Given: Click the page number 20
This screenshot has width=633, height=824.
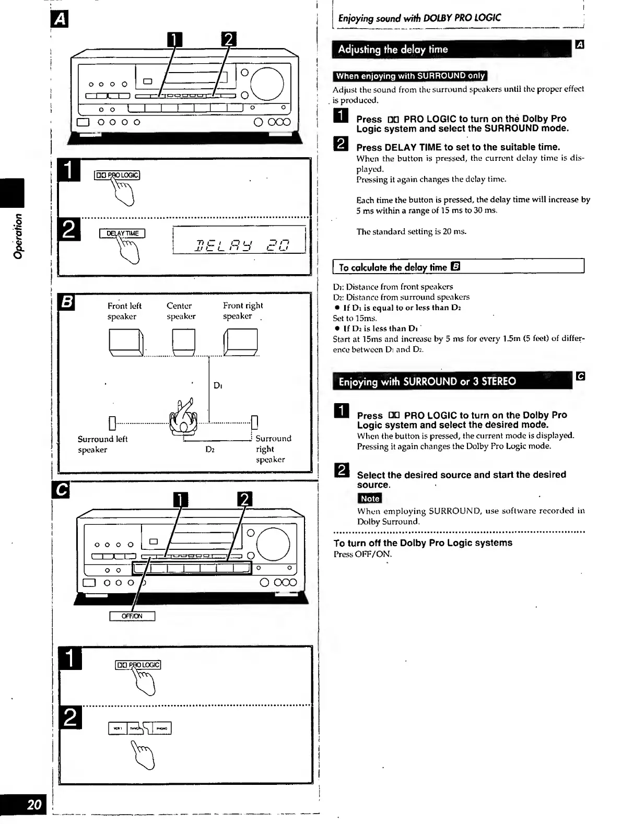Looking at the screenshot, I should click(x=34, y=804).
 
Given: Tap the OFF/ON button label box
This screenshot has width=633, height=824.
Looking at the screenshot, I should click(x=132, y=616).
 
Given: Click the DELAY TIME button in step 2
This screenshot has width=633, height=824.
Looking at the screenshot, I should click(x=122, y=233).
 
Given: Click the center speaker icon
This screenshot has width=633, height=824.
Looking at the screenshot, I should click(x=183, y=342).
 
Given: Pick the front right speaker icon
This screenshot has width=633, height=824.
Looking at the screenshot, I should click(x=240, y=342).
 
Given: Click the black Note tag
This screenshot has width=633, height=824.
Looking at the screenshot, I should click(x=370, y=499).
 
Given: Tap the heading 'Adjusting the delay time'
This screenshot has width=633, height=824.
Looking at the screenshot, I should click(x=393, y=50).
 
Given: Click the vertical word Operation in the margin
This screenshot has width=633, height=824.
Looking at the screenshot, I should click(x=18, y=236).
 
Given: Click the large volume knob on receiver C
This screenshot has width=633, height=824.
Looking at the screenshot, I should click(x=273, y=544).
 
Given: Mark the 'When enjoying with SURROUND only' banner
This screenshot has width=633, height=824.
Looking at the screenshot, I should click(x=410, y=76).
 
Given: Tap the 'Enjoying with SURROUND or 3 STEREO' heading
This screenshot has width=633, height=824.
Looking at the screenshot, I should click(x=427, y=381).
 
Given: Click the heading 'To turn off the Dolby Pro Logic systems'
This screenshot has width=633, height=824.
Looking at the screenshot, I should click(x=423, y=543).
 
